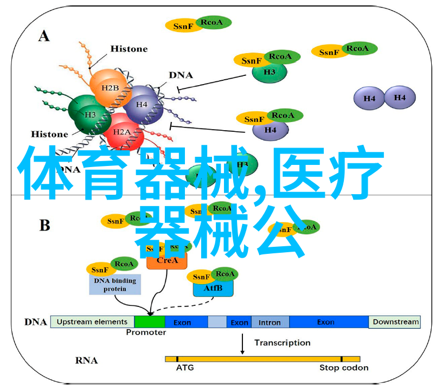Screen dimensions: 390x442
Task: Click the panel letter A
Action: click(x=44, y=36)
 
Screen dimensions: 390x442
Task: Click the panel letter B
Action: click(x=44, y=225)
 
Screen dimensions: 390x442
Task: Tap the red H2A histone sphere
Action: click(x=123, y=131)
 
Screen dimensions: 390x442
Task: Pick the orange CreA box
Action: click(x=166, y=261)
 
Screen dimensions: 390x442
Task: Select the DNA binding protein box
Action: click(x=115, y=284)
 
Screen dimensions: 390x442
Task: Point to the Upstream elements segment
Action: click(x=92, y=322)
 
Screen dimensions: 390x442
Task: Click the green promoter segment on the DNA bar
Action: click(x=149, y=322)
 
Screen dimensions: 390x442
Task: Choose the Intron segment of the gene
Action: click(x=269, y=322)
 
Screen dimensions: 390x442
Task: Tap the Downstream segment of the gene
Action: click(x=395, y=322)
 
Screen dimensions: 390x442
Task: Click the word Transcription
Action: click(x=282, y=343)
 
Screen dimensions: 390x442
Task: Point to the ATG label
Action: click(x=184, y=368)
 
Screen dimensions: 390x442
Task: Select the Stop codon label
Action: click(x=344, y=368)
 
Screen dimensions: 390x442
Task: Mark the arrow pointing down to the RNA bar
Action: click(x=242, y=344)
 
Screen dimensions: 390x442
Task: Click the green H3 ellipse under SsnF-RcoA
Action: click(x=270, y=72)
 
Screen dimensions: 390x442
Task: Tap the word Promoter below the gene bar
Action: click(x=146, y=333)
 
